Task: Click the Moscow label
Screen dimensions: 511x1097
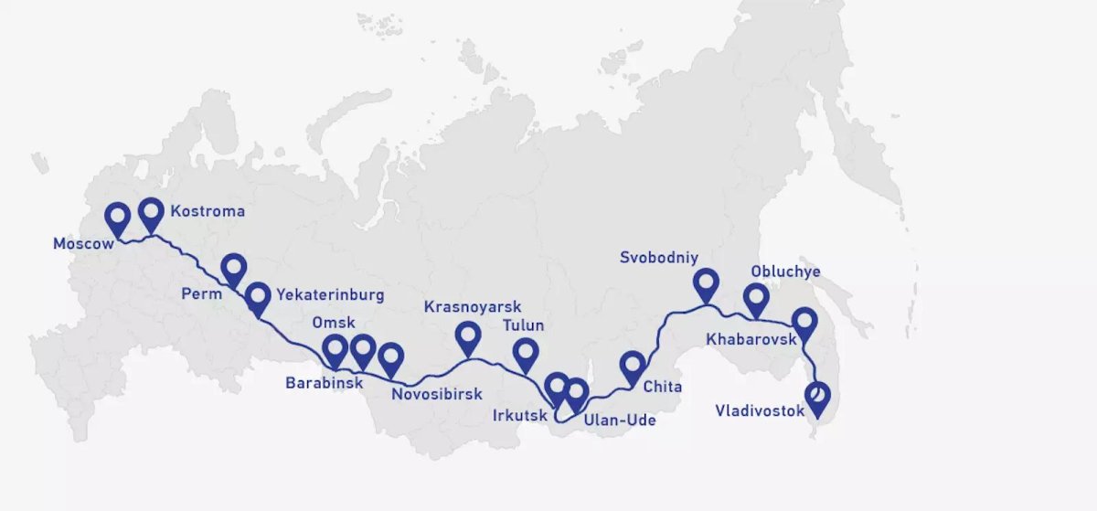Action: (83, 244)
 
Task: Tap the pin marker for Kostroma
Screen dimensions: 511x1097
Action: (151, 214)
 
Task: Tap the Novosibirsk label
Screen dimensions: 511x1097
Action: (436, 395)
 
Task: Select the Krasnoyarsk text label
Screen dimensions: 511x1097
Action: (473, 307)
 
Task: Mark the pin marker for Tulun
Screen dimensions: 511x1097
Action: (526, 353)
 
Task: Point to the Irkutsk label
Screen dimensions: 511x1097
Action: (517, 415)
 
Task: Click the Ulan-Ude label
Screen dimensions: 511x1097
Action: (619, 421)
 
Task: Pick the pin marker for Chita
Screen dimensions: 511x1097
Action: (632, 366)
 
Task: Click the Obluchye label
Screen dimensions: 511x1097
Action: (785, 271)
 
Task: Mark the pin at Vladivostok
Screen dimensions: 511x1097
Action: (818, 398)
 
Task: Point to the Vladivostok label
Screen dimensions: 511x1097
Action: (761, 411)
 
